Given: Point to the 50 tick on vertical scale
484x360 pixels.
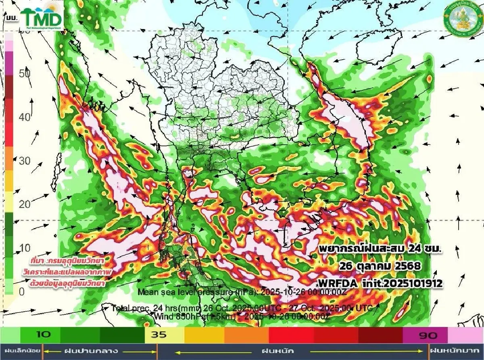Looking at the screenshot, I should [25, 74].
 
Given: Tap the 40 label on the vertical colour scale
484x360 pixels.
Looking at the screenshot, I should [25, 117].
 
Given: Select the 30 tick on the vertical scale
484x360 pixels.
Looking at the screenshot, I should [25, 161].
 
